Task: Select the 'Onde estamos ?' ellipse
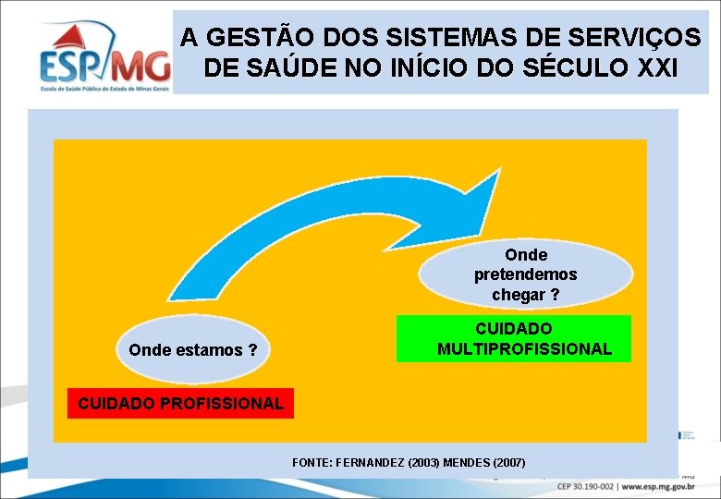coord(193,350)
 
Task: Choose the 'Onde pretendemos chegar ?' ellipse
coord(525,274)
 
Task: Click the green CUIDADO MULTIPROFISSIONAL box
coord(514,339)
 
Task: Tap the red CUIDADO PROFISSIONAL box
coord(181,404)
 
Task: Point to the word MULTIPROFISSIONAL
coord(524,349)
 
